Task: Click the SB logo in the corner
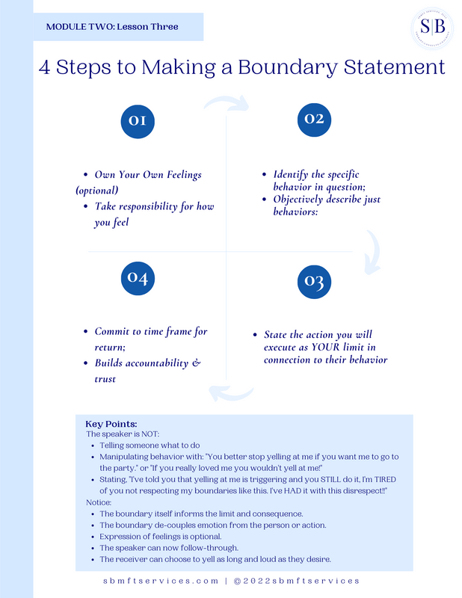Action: point(432,28)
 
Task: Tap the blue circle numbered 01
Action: point(137,121)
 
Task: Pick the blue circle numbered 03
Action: point(314,282)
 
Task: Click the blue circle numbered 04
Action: point(137,278)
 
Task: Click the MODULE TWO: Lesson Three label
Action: point(112,27)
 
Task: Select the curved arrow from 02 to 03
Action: point(372,251)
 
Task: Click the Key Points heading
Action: point(111,424)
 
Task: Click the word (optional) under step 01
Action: point(96,190)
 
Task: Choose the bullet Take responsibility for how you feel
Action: point(154,214)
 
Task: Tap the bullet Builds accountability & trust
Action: point(147,371)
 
